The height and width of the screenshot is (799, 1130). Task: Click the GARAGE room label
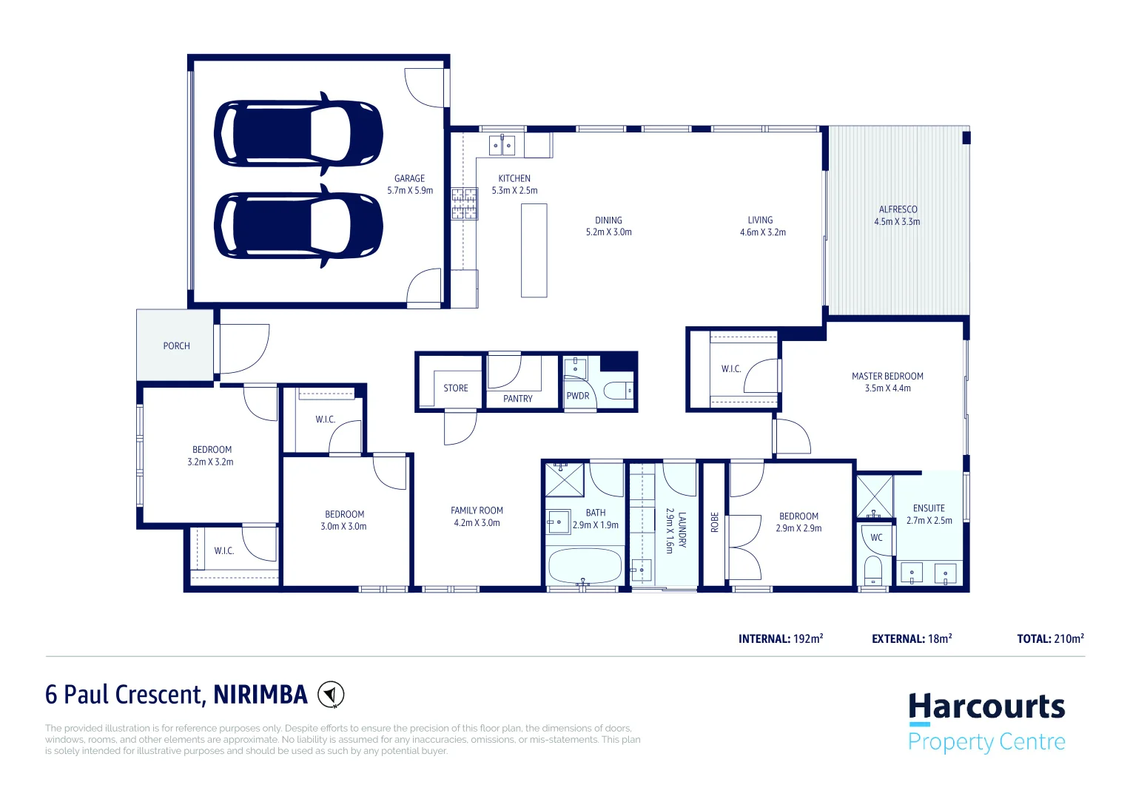click(x=409, y=178)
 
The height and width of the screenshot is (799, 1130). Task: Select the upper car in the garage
click(x=298, y=134)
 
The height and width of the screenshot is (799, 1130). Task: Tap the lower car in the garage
click(x=298, y=226)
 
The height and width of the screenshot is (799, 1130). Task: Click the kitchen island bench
click(x=534, y=250)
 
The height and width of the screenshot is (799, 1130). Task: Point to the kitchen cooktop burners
click(x=465, y=204)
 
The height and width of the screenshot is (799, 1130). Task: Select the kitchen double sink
click(x=502, y=146)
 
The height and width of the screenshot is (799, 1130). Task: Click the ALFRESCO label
click(x=898, y=209)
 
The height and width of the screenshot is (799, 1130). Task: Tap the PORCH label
click(x=176, y=345)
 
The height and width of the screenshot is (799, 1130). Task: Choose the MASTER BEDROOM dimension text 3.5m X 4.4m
click(x=887, y=388)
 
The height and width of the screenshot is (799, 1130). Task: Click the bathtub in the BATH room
click(x=585, y=567)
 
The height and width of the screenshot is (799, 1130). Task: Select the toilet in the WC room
click(x=874, y=570)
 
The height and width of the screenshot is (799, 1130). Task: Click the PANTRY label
click(x=517, y=399)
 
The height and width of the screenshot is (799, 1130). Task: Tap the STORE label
click(x=455, y=388)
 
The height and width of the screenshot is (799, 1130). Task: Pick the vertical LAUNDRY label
click(x=682, y=530)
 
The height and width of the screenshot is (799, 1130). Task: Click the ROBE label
click(x=714, y=522)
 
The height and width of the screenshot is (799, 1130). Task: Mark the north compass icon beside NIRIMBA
click(x=331, y=695)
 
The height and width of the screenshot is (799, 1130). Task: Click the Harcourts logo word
click(x=986, y=707)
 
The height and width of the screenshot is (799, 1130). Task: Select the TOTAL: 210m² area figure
click(x=1050, y=638)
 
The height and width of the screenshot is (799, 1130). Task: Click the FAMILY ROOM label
click(x=477, y=510)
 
